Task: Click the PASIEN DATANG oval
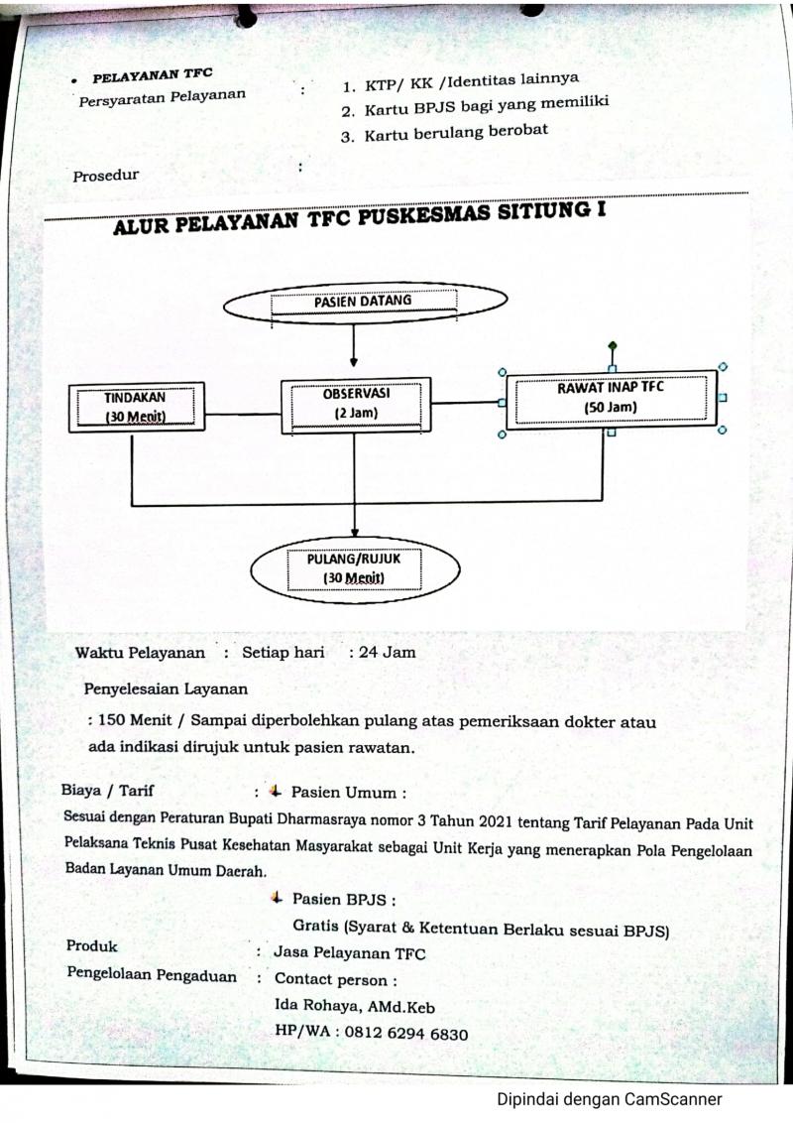(364, 302)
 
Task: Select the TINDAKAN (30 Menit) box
(136, 407)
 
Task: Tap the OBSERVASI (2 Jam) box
(356, 404)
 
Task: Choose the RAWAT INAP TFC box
(611, 398)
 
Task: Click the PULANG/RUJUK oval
(354, 568)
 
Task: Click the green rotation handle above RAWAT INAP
(612, 346)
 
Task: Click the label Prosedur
(106, 176)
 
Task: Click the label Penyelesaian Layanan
(166, 686)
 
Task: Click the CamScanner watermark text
(609, 1098)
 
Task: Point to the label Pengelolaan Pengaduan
(152, 974)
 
